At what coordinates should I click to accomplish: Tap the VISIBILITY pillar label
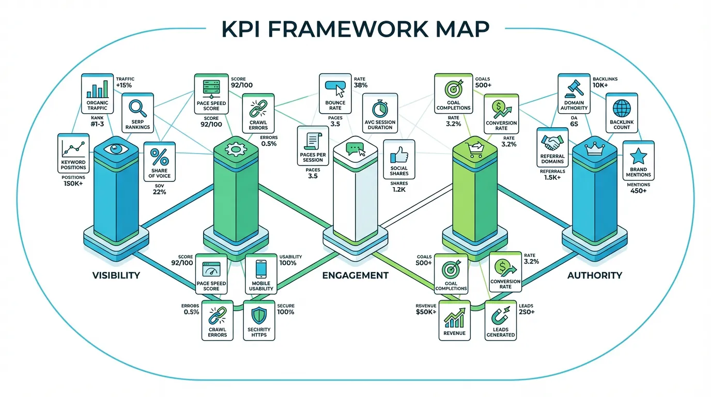tap(116, 275)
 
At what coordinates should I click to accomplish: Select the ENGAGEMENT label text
tap(355, 275)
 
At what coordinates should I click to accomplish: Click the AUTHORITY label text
tap(595, 275)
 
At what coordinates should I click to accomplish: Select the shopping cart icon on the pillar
tap(474, 149)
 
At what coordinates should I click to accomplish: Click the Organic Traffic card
tap(98, 94)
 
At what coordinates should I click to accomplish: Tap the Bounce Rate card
tap(335, 93)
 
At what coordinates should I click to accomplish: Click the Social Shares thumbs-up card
tap(399, 159)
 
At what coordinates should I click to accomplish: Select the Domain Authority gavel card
tap(574, 94)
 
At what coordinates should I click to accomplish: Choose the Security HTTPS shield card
tap(259, 321)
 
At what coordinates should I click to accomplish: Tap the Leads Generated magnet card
tap(501, 320)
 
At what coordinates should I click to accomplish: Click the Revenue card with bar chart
tap(454, 320)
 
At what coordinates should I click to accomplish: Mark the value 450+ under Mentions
tap(638, 191)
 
